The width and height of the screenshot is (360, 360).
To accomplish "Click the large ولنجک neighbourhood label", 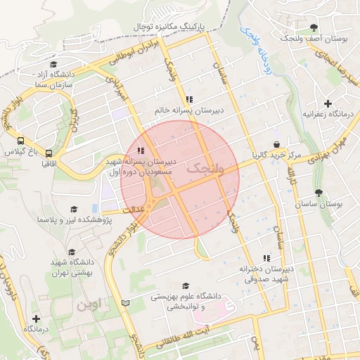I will (203, 169).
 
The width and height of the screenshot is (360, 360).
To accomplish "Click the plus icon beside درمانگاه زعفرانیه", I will (328, 103).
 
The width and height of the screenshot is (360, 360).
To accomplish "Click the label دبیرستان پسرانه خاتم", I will (189, 110).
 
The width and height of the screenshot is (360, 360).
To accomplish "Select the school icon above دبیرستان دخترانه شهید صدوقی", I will (265, 258).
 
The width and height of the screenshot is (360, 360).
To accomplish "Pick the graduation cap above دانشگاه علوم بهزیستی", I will (186, 285).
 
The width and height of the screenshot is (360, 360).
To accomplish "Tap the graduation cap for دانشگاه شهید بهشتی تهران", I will (71, 252).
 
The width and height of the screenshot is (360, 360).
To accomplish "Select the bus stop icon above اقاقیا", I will (49, 153).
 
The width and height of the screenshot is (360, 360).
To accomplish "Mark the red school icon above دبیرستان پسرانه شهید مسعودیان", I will (141, 150).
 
